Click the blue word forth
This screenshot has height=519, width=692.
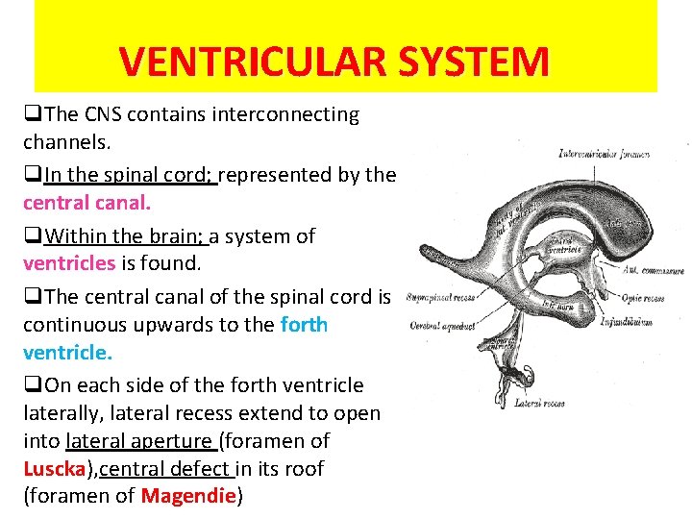tap(304, 325)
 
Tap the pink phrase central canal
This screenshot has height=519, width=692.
tap(87, 203)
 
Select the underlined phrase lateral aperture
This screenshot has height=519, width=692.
tap(140, 441)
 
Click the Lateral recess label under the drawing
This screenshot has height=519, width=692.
tap(539, 404)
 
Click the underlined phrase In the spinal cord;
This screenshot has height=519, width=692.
tap(131, 175)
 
